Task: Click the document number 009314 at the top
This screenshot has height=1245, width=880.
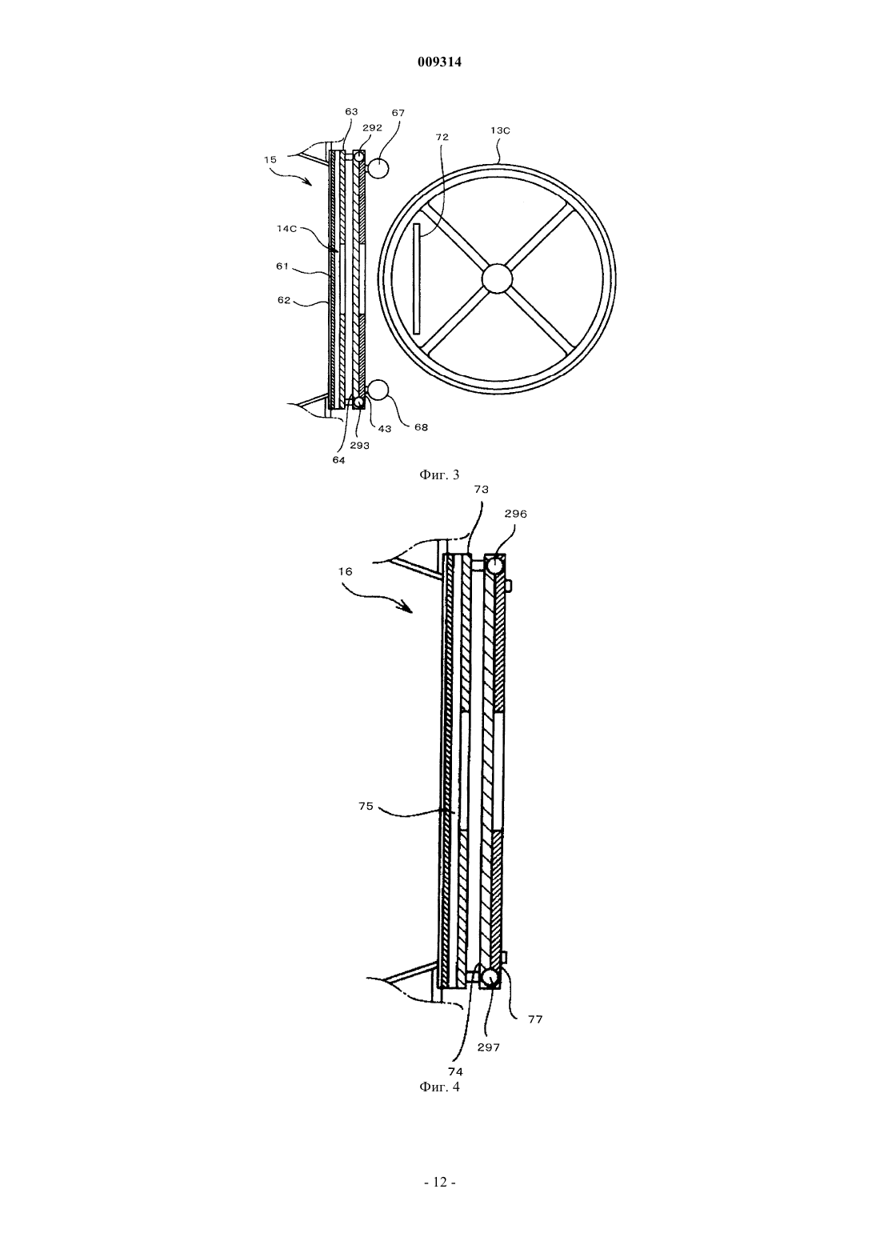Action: tap(439, 62)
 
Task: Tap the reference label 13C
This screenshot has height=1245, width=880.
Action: tap(500, 130)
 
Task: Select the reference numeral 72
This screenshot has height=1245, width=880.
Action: tap(442, 137)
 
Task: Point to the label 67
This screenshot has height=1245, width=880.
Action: tap(398, 113)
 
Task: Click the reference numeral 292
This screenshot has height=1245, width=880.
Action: tap(372, 127)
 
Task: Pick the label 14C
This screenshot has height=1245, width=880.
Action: tap(287, 228)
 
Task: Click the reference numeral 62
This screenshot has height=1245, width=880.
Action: tap(284, 300)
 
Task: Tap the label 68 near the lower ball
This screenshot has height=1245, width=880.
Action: tap(421, 426)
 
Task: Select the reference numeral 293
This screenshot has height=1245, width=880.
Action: tap(359, 445)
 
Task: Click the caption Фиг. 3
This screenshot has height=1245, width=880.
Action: tap(439, 474)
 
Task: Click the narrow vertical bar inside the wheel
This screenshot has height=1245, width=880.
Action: tap(417, 278)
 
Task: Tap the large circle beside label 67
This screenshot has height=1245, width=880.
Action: tap(378, 168)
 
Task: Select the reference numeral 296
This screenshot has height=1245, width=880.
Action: tap(515, 514)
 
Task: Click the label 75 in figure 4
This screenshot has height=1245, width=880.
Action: tap(366, 806)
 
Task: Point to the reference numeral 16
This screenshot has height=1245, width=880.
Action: tap(344, 570)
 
